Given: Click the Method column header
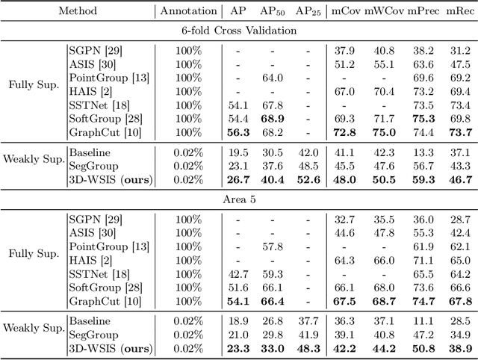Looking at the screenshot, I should [x=77, y=12].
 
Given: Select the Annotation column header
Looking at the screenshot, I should [x=187, y=12].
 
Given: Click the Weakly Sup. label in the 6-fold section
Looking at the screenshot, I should [x=31, y=165].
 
